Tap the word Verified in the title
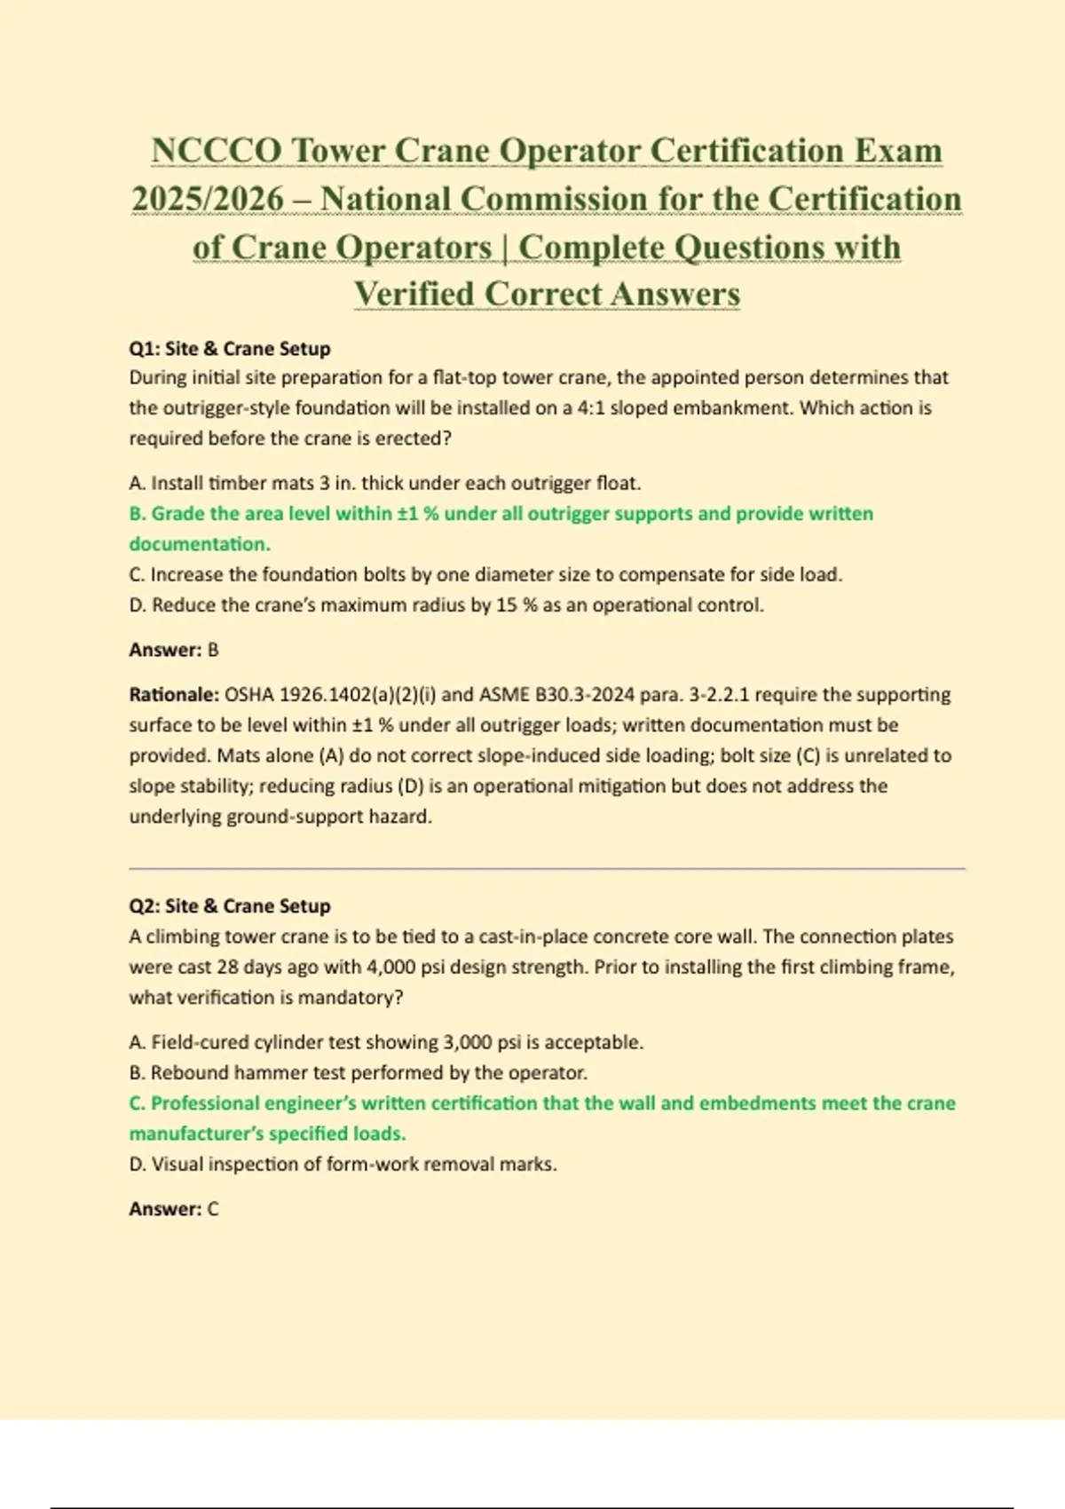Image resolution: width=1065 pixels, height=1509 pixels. pyautogui.click(x=414, y=294)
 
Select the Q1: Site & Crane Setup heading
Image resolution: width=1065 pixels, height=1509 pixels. pyautogui.click(x=230, y=348)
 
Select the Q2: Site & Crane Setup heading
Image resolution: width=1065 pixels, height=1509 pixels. pyautogui.click(x=230, y=905)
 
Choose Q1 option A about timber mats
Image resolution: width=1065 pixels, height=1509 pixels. pyautogui.click(x=385, y=483)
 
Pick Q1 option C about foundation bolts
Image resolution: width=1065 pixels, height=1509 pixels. pyautogui.click(x=485, y=574)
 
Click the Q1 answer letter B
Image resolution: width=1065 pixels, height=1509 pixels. pyautogui.click(x=213, y=650)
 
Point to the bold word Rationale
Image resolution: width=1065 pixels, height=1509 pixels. pyautogui.click(x=174, y=694)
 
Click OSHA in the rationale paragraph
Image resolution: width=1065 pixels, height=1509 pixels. pyautogui.click(x=249, y=694)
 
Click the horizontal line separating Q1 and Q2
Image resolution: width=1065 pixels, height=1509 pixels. pyautogui.click(x=547, y=869)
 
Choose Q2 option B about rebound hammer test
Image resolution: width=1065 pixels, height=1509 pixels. pyautogui.click(x=359, y=1072)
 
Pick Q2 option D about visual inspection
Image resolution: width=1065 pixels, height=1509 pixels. pyautogui.click(x=343, y=1164)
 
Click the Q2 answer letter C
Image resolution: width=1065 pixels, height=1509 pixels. pyautogui.click(x=213, y=1209)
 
